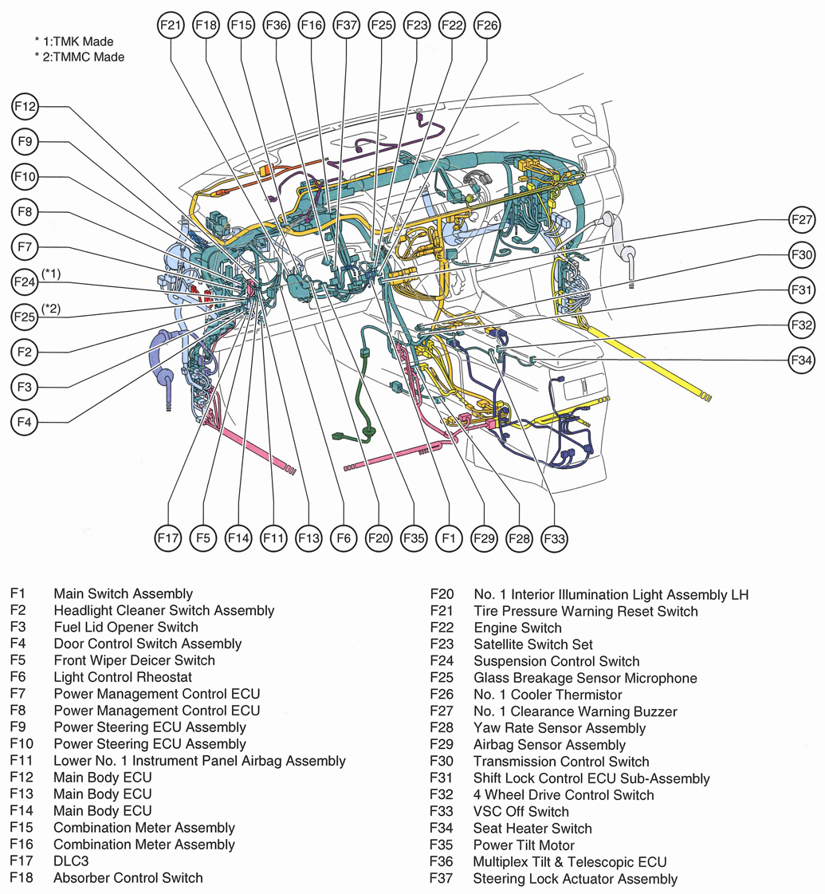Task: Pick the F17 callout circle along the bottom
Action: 168,538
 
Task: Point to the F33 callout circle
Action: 555,538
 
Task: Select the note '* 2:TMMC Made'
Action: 79,57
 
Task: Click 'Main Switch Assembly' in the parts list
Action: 123,593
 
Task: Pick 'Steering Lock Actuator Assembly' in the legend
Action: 575,879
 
